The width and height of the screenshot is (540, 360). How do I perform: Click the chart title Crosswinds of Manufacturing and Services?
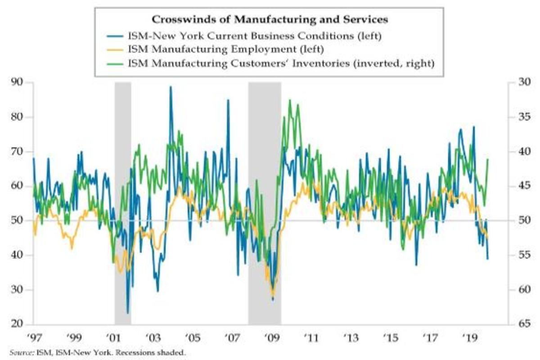[270, 20]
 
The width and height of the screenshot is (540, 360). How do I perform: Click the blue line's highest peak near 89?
[170, 87]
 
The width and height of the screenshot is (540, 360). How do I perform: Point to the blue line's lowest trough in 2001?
[128, 313]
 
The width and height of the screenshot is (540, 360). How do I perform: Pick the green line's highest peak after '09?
[290, 100]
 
